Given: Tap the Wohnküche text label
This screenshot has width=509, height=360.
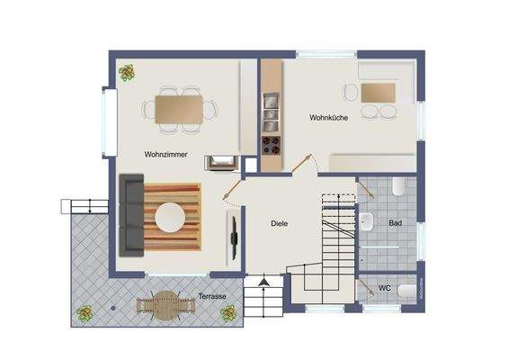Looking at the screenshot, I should click(328, 118).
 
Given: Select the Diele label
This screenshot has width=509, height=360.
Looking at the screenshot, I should click(279, 223).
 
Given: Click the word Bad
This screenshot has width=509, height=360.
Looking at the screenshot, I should click(395, 222).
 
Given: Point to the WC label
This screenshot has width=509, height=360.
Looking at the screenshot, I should click(384, 289).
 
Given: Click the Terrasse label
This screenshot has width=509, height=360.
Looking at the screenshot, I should click(212, 295).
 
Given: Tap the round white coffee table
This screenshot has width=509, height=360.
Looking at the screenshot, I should click(169, 217).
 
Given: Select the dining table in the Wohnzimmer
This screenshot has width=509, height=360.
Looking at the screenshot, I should click(178, 108).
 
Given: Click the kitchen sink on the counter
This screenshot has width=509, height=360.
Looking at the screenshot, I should click(268, 110).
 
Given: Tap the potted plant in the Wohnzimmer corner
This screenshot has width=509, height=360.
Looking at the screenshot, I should click(126, 71).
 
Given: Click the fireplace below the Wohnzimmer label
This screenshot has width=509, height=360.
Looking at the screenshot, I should click(221, 162).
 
